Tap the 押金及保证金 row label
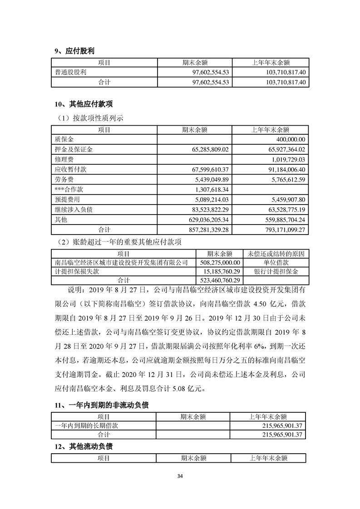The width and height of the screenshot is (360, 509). pos(74,149)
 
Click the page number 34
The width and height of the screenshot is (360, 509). pos(180,476)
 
